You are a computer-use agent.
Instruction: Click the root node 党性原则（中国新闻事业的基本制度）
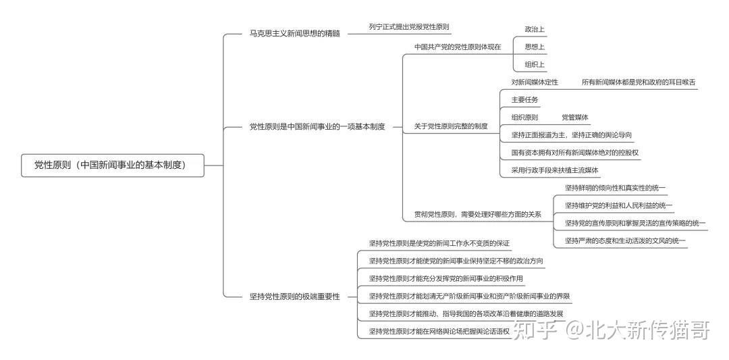pos(112,165)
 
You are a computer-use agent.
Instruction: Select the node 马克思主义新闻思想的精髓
pos(294,33)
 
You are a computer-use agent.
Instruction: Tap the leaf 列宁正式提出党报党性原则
pos(408,27)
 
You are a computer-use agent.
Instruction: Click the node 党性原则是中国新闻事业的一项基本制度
pos(317,126)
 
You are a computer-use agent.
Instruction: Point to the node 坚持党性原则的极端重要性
pos(294,297)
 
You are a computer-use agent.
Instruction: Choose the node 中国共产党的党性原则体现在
pos(457,47)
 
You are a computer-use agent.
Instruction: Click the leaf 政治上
pos(535,30)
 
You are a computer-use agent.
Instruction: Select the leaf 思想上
pos(535,47)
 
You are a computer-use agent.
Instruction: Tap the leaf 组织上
pos(535,65)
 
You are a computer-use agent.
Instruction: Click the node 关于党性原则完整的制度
pos(450,126)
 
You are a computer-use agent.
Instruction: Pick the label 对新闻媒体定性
pos(535,82)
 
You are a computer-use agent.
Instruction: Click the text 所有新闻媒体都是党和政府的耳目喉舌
pos(638,82)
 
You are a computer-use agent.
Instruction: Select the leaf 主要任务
pos(524,100)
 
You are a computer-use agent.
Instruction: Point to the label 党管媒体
pos(574,118)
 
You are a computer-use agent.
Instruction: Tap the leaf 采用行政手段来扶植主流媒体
pos(555,170)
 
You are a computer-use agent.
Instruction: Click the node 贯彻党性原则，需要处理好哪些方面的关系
pos(477,215)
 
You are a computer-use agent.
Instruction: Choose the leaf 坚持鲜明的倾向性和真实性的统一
pos(615,188)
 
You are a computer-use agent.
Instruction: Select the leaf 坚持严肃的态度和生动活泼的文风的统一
pos(625,240)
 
